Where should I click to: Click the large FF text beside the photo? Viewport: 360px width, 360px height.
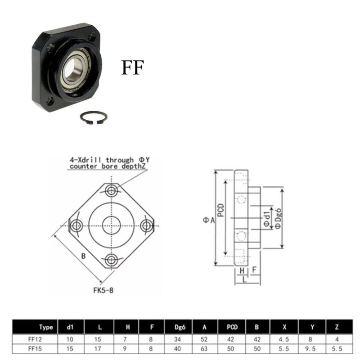(132, 67)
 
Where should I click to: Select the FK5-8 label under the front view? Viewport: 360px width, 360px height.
(103, 290)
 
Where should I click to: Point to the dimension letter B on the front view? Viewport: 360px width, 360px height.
(83, 256)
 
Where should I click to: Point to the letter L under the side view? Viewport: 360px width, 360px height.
(243, 279)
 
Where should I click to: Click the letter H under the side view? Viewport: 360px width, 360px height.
(242, 270)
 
